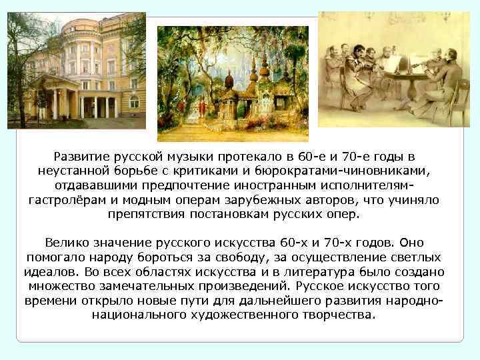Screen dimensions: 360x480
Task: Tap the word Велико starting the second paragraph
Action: point(67,243)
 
